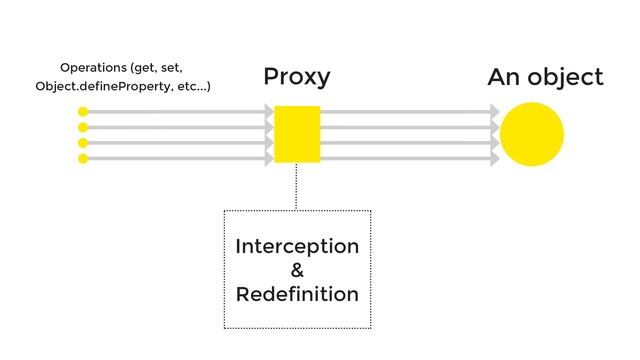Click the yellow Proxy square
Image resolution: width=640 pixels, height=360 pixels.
click(297, 134)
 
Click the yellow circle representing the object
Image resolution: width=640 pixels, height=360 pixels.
click(532, 134)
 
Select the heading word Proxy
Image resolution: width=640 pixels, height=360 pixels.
click(296, 77)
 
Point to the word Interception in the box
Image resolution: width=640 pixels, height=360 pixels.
click(297, 247)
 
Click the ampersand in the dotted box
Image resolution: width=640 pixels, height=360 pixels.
click(297, 270)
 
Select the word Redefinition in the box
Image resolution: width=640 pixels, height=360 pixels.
click(297, 294)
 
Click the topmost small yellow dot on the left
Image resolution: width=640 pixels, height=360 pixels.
click(83, 113)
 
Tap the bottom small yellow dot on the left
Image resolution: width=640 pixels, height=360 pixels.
click(83, 158)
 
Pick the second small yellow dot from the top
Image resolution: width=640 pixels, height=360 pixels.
click(83, 128)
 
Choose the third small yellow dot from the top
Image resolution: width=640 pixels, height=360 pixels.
click(83, 143)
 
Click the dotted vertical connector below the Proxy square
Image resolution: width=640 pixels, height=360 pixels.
click(296, 186)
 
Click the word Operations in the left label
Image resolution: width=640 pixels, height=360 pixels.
click(86, 67)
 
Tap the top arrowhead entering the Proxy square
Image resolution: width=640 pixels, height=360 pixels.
click(269, 113)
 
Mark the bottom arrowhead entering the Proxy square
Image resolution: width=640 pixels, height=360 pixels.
click(269, 158)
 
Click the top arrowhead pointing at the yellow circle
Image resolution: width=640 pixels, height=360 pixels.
click(495, 113)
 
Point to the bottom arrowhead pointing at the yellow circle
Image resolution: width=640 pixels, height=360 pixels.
click(495, 158)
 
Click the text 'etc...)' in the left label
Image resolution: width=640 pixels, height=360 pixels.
click(193, 87)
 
